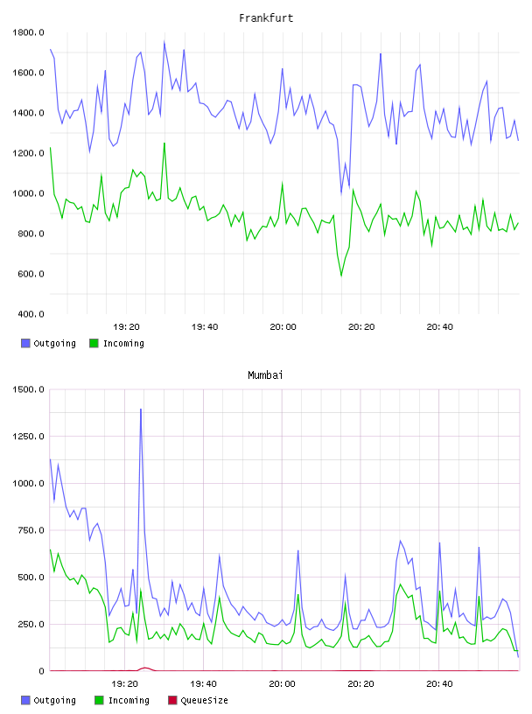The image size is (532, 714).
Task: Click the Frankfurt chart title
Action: pos(266,18)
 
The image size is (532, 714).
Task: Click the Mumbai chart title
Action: pos(265,375)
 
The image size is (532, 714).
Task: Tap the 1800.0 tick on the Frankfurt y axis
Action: pos(28,32)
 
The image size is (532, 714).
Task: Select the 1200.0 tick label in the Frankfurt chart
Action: pos(28,153)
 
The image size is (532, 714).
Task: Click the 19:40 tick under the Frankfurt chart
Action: pos(205,326)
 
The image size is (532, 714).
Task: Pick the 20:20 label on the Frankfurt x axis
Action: pos(361,326)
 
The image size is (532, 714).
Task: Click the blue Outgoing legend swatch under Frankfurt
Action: pos(25,343)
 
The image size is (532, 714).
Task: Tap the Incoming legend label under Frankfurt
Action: pos(123,343)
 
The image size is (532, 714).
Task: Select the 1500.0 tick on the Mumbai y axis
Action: pos(28,389)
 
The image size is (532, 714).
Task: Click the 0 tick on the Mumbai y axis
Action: pos(41,671)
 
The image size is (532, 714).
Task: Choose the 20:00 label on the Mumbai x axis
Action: pos(282,683)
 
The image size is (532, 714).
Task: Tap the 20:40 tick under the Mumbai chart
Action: pos(439,683)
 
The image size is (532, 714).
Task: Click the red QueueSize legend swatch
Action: pos(172,700)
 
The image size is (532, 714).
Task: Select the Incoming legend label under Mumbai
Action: pos(129,700)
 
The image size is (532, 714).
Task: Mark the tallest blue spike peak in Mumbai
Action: pos(141,409)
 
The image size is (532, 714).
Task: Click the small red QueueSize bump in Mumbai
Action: pos(145,668)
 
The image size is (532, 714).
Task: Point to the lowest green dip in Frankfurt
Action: pos(341,276)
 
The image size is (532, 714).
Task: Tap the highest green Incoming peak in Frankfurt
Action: pos(164,143)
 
